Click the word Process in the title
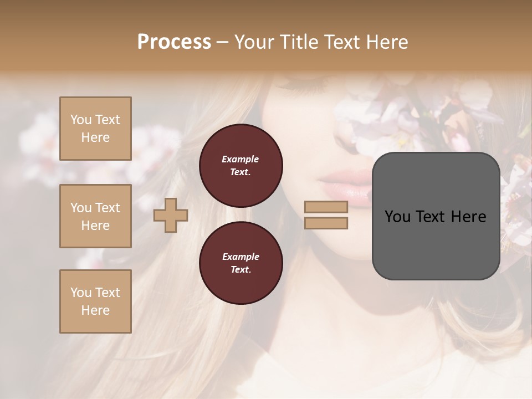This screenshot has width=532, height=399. [x=174, y=42]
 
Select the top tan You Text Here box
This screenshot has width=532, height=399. [x=95, y=129]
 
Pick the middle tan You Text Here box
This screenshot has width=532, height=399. [x=95, y=216]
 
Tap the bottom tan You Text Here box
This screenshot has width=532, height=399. [x=95, y=301]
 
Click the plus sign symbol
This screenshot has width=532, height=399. [x=171, y=215]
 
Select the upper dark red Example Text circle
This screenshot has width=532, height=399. [x=241, y=166]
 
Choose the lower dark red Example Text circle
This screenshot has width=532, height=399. [x=241, y=263]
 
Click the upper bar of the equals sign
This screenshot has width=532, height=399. [x=326, y=207]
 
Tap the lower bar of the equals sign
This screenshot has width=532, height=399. [x=326, y=223]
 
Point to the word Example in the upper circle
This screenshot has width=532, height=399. [x=241, y=159]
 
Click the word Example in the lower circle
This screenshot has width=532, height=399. [x=241, y=257]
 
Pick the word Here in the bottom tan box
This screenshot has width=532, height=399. [x=95, y=310]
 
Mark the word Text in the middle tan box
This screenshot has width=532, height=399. [x=108, y=208]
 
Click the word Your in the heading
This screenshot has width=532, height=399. [x=254, y=42]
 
